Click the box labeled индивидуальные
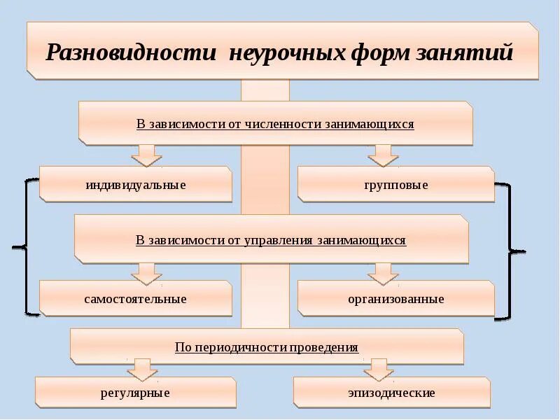point(136,185)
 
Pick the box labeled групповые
point(396,185)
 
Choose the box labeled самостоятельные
point(136,299)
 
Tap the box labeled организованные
point(396,299)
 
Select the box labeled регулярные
point(136,393)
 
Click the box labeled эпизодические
point(392,393)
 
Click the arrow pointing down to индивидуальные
point(146,155)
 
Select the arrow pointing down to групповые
point(383,155)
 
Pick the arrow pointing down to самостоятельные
point(146,273)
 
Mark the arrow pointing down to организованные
point(383,273)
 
